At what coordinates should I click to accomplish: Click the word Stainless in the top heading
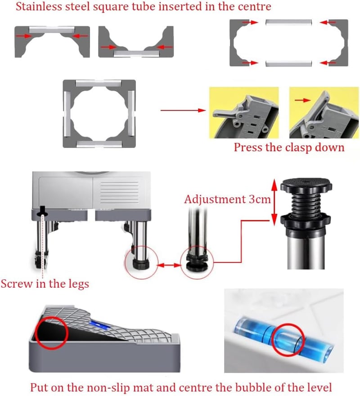click(39, 6)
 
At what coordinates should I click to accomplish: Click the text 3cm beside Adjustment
click(260, 199)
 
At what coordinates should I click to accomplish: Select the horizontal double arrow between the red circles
click(169, 265)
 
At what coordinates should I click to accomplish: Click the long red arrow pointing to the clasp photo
click(183, 111)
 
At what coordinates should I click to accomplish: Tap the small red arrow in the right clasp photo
click(302, 100)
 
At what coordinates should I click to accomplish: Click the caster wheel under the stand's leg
click(40, 261)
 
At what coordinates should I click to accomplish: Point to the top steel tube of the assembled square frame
click(99, 83)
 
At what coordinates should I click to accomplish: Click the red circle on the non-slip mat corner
click(52, 333)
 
